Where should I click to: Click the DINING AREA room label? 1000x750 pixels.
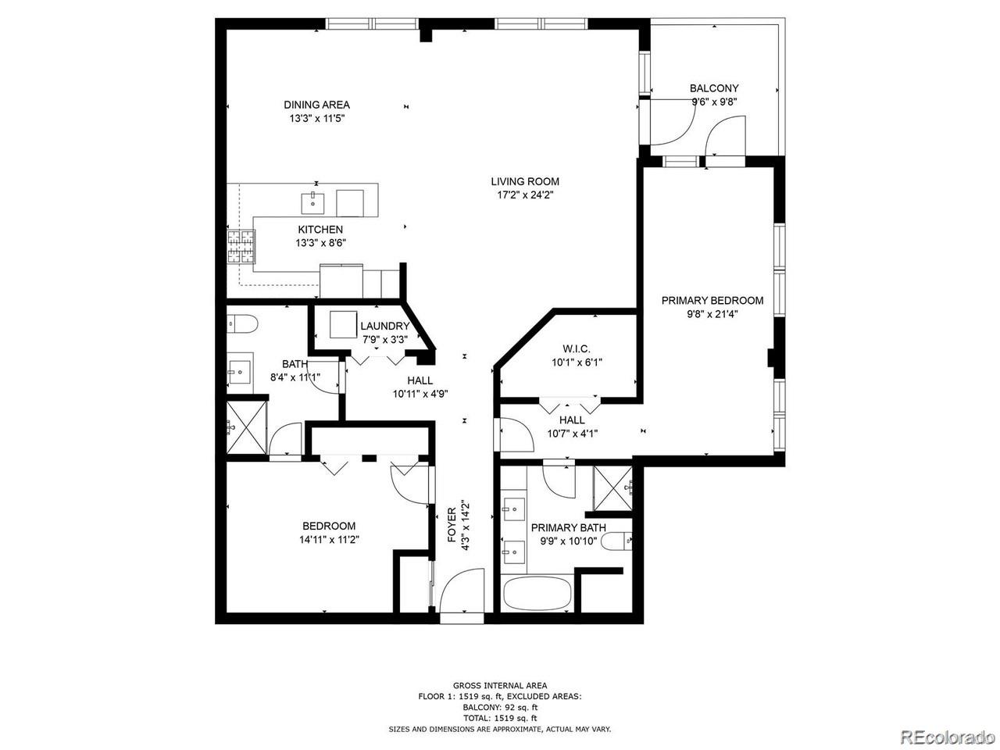316,105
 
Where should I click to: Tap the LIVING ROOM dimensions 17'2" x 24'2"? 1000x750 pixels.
525,195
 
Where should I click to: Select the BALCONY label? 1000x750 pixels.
714,87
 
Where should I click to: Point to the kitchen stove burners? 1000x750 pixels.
241,247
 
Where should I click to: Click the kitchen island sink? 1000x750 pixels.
313,203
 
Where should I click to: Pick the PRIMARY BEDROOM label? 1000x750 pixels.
712,301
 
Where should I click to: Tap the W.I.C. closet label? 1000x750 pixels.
577,348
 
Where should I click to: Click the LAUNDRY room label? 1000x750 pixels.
385,326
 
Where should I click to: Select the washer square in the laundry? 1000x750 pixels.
343,324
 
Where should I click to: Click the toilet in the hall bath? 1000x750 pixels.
242,324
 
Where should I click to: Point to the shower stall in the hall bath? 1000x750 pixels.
246,427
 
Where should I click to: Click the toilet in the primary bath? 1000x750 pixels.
617,541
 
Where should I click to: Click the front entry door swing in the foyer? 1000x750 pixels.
462,590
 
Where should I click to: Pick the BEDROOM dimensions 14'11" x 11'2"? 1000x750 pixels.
329,540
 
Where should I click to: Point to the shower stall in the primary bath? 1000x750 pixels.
613,488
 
